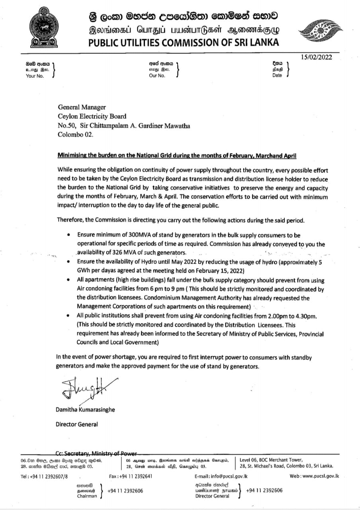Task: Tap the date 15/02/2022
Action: (317, 57)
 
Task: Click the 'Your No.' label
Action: (35, 76)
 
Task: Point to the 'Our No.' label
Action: (157, 76)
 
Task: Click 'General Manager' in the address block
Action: (82, 107)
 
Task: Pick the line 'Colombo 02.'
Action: (76, 135)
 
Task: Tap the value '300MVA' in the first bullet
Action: (132, 235)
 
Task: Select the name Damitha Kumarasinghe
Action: (85, 410)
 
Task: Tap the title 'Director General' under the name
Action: (77, 424)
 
